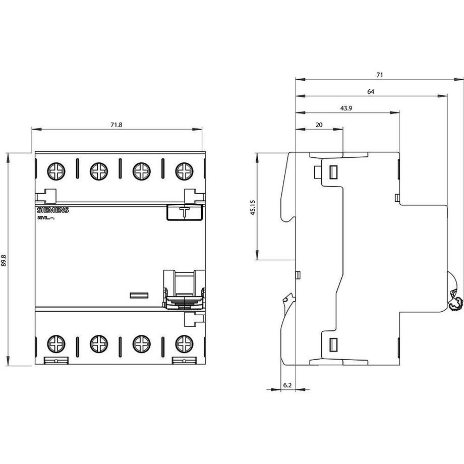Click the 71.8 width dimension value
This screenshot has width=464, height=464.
[x=117, y=125]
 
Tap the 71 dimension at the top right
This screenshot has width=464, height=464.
[x=379, y=75]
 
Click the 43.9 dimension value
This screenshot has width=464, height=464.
[x=346, y=108]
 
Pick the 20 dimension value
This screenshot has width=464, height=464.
[x=319, y=125]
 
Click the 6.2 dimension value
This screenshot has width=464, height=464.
[x=287, y=385]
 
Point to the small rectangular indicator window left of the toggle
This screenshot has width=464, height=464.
[x=139, y=295]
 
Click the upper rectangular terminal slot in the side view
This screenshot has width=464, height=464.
[x=333, y=172]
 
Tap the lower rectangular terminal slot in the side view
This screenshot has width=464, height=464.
[x=333, y=344]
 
